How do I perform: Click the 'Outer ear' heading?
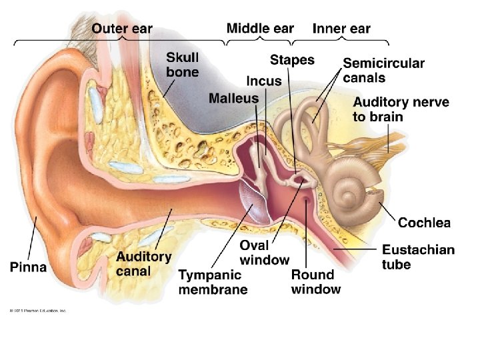pyautogui.click(x=122, y=29)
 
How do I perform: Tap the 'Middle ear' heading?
pyautogui.click(x=260, y=28)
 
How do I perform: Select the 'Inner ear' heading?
pyautogui.click(x=341, y=29)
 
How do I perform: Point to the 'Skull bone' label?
pyautogui.click(x=182, y=64)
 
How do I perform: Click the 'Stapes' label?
pyautogui.click(x=292, y=60)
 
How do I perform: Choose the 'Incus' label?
pyautogui.click(x=264, y=81)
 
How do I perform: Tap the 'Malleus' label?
pyautogui.click(x=233, y=99)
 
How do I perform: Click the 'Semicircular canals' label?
pyautogui.click(x=383, y=71)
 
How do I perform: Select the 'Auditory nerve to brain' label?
pyautogui.click(x=401, y=109)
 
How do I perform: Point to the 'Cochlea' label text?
pyautogui.click(x=424, y=223)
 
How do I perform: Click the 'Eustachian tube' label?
pyautogui.click(x=418, y=257)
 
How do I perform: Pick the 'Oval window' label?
pyautogui.click(x=265, y=253)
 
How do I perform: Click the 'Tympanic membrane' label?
pyautogui.click(x=213, y=282)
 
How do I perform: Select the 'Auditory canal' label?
pyautogui.click(x=143, y=264)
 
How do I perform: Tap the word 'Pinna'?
pyautogui.click(x=29, y=267)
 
